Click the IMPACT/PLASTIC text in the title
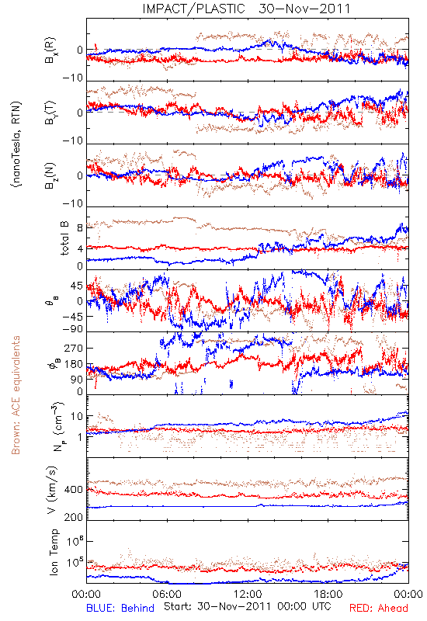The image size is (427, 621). click(193, 9)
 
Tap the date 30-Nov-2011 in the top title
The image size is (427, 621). click(304, 9)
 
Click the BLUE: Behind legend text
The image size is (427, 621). click(120, 608)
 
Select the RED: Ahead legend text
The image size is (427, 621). click(378, 608)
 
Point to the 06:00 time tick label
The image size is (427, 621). click(167, 594)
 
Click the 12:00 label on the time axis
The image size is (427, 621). click(248, 594)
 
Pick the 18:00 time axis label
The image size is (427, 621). click(328, 594)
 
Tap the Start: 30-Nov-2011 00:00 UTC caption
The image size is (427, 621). click(248, 606)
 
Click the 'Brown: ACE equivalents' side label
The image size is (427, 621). click(16, 395)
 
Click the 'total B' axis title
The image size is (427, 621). click(64, 238)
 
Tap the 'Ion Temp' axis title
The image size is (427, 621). click(54, 551)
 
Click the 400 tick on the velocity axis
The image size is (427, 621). click(74, 490)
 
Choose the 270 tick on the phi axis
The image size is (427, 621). click(74, 348)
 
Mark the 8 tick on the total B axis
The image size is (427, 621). click(80, 228)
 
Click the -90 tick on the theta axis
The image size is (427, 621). click(73, 329)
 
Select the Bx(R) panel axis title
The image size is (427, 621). click(50, 50)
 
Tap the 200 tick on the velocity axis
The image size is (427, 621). click(74, 517)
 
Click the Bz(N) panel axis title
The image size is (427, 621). click(50, 175)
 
